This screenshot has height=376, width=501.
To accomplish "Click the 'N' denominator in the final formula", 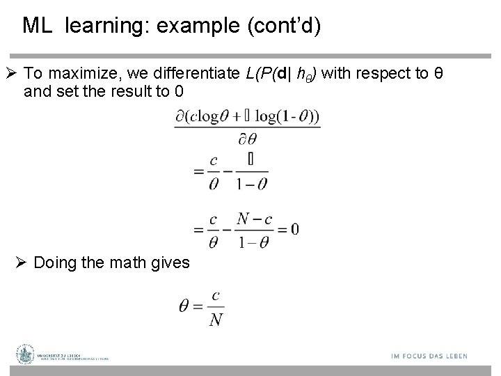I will point(216,320).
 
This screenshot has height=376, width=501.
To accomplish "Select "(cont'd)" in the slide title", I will point(283,26).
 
